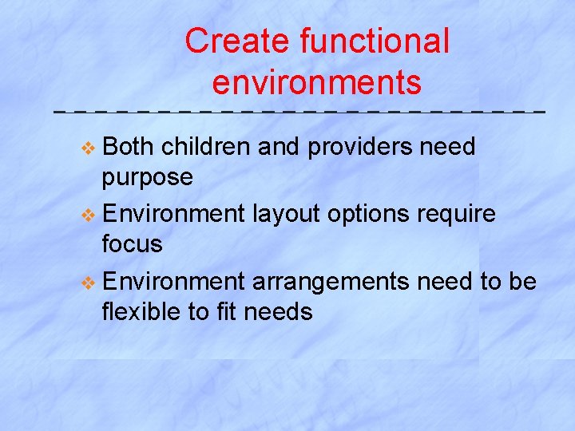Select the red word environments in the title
point(317,81)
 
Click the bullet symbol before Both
point(89,147)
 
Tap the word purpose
point(147,177)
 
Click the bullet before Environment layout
point(89,214)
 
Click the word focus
point(132,243)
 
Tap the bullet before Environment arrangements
point(89,281)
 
